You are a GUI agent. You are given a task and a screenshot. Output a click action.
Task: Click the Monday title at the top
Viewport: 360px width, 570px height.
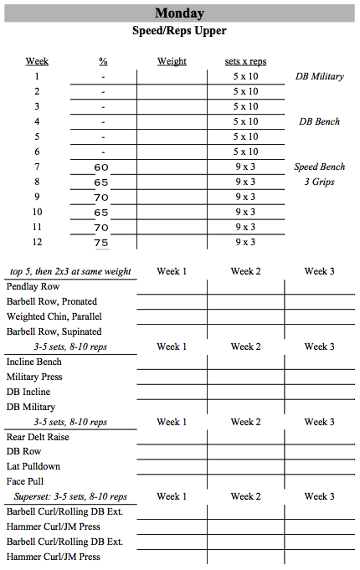point(179,13)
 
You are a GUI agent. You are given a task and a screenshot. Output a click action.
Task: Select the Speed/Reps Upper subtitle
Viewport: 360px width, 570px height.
point(179,31)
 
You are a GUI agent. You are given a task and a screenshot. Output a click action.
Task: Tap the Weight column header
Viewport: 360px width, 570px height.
point(172,61)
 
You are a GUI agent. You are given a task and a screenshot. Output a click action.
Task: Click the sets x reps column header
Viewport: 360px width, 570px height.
point(245,61)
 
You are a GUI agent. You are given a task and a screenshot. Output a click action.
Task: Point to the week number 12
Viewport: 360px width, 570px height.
point(37,242)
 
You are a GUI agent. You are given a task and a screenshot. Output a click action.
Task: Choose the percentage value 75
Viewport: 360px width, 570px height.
point(101,243)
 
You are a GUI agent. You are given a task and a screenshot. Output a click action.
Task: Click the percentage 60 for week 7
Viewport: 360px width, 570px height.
point(101,167)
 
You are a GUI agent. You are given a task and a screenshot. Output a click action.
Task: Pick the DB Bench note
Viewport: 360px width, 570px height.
point(319,121)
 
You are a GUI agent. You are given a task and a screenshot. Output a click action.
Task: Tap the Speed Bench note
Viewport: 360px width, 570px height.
point(319,167)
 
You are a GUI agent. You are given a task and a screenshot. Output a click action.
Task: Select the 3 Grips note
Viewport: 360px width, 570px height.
point(319,182)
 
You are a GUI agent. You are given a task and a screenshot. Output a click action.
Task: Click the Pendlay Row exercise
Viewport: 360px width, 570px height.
point(33,286)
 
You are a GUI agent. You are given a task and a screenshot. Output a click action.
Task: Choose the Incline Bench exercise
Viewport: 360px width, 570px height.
point(34,362)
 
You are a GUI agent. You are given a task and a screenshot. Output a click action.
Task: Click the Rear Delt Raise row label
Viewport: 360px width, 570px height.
point(38,437)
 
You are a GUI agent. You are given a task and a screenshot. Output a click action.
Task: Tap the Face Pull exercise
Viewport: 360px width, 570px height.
point(25,482)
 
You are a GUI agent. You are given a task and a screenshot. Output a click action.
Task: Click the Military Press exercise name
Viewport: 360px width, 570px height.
point(34,377)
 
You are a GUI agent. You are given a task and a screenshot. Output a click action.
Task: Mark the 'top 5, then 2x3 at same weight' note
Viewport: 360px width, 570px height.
point(69,271)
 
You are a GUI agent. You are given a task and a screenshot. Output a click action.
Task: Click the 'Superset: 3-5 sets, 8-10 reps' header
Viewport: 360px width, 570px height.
point(70,496)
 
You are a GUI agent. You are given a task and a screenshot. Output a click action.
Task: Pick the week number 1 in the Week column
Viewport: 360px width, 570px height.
point(37,76)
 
